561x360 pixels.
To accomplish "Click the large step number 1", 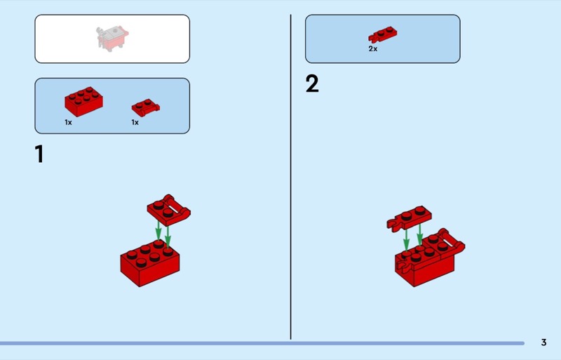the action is [x=39, y=154].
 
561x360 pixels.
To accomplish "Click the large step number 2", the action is [x=312, y=84].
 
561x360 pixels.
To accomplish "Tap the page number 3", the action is [x=544, y=342].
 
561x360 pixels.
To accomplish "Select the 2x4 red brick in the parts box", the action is [x=83, y=101].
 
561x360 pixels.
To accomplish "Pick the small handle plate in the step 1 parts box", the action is [x=146, y=107].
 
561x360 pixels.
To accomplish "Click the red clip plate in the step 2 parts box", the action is [x=382, y=34].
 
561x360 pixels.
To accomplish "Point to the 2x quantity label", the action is [x=373, y=48].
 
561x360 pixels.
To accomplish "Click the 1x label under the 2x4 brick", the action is [x=68, y=123].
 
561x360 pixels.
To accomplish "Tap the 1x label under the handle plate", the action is [x=135, y=123].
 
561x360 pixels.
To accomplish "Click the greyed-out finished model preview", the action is [x=112, y=39].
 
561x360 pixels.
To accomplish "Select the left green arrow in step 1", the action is [x=158, y=231].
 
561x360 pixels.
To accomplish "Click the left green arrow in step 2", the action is [x=406, y=239].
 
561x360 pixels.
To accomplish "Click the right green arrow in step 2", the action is [x=419, y=234].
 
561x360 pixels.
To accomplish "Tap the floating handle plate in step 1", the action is [x=168, y=211].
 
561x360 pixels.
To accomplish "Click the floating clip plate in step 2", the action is [x=410, y=218].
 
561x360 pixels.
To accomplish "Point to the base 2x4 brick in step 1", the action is [x=150, y=263].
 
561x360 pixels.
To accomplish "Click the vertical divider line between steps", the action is [x=290, y=177].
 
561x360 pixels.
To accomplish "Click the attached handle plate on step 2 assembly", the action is [x=445, y=244].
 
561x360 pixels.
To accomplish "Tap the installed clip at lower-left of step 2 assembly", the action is [x=404, y=268].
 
